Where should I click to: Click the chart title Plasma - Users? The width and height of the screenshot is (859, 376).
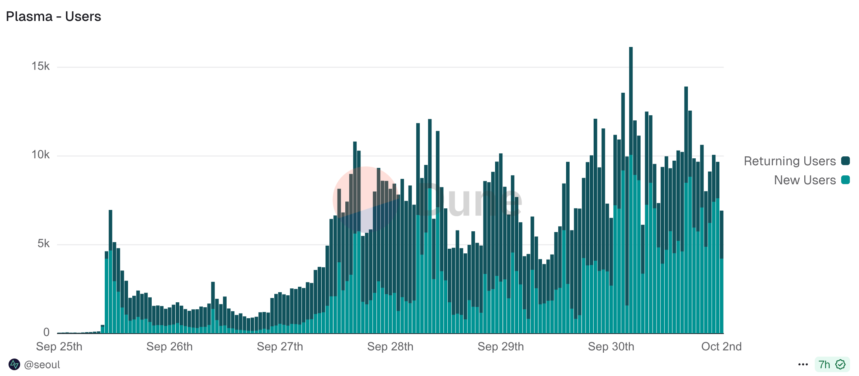point(54,17)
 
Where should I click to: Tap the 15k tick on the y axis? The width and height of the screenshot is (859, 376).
point(41,66)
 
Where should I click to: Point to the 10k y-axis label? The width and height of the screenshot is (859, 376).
point(41,155)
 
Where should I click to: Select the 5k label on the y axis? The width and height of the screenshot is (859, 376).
point(43,244)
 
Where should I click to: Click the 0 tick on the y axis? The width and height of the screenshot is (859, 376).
point(47,332)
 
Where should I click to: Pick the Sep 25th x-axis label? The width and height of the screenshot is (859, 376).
point(59,347)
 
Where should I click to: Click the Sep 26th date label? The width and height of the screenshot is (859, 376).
point(170,347)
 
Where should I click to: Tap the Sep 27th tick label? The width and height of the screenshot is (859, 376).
point(280,347)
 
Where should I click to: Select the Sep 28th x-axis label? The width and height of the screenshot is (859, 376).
point(390,347)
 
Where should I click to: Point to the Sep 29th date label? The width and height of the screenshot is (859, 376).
point(501,347)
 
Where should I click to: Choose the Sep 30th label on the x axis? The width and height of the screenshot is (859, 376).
point(611,347)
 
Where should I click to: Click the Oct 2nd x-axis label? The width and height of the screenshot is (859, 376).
point(721,347)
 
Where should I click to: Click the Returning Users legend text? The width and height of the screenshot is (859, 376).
point(790,161)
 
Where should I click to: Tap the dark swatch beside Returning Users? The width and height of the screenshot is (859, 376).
point(845,161)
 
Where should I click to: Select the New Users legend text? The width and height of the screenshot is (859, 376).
point(805,180)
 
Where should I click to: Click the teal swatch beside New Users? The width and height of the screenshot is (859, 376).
point(845,180)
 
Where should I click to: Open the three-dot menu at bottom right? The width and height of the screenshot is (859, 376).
point(803,365)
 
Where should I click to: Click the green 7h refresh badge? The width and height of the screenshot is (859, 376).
point(832,365)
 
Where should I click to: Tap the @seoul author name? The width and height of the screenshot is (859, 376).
point(42,365)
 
